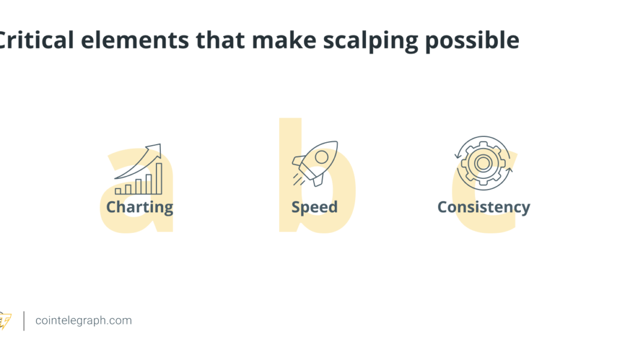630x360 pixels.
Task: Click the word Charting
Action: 139,208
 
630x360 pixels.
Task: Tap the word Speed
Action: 314,208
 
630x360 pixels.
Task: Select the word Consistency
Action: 484,208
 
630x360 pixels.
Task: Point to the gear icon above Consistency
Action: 483,163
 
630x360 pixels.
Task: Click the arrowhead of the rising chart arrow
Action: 157,148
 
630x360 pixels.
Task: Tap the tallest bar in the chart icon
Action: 159,178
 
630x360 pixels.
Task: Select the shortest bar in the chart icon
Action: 118,191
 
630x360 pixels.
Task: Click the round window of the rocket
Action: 322,157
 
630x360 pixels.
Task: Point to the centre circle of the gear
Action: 483,163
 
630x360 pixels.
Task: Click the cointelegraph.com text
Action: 83,320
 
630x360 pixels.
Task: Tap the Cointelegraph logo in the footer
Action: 5,321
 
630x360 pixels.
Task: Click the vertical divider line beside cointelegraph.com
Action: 24,320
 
